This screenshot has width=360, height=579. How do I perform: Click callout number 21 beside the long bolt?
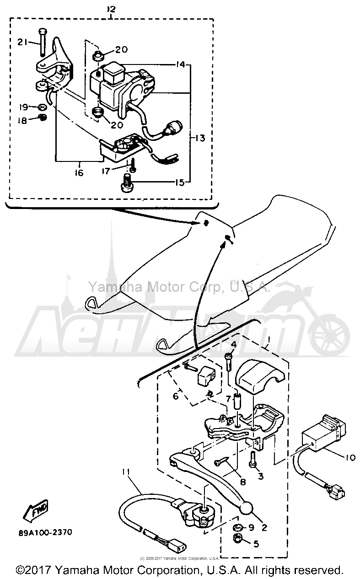pyautogui.click(x=22, y=42)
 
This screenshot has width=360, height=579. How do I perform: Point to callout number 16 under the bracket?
pyautogui.click(x=79, y=172)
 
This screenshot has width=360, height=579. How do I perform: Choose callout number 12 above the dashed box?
pyautogui.click(x=111, y=9)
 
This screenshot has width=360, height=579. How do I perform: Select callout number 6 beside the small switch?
pyautogui.click(x=175, y=397)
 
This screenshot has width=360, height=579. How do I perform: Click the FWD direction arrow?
pyautogui.click(x=38, y=511)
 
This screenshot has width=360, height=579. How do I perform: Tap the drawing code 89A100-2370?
pyautogui.click(x=45, y=533)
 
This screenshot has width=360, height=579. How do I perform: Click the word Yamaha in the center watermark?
pyautogui.click(x=107, y=287)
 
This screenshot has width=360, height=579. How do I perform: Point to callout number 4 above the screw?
pyautogui.click(x=233, y=344)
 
